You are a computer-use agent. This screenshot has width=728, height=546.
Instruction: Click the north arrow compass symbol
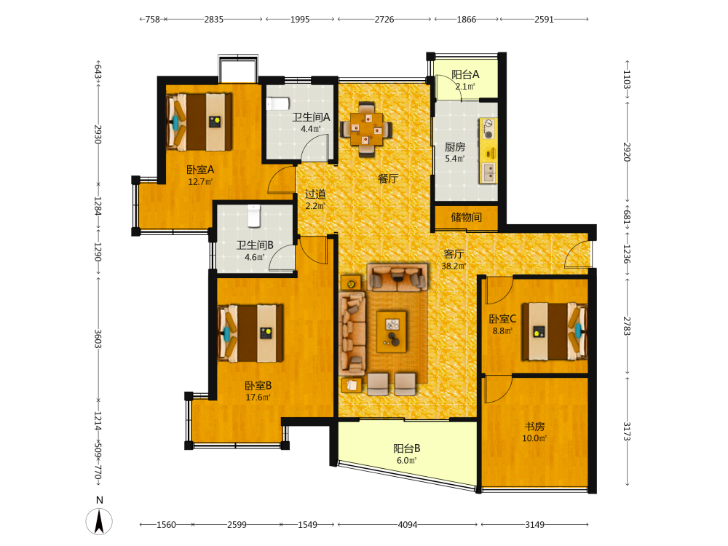tap(99, 521)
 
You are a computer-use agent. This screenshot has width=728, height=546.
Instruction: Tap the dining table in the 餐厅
tap(366, 129)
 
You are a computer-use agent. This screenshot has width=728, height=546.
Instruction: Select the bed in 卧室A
tap(199, 122)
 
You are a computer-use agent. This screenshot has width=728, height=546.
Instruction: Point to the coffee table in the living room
tap(392, 331)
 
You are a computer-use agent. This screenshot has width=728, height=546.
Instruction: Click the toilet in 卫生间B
tap(253, 216)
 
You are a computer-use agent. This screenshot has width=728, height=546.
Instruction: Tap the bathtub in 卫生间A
tap(278, 103)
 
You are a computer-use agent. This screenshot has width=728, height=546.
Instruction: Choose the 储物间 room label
tap(466, 217)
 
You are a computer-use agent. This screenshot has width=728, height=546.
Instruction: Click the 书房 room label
tap(534, 426)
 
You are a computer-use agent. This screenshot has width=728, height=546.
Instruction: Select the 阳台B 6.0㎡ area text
tap(406, 461)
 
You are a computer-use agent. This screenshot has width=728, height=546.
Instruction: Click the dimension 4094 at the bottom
tap(407, 525)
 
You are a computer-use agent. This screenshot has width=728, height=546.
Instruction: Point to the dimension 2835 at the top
tap(213, 20)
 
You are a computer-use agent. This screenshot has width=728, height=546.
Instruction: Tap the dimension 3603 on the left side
tap(98, 339)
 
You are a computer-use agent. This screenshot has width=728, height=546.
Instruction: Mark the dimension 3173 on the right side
tap(626, 431)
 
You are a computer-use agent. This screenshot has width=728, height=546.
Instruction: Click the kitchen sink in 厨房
tap(488, 173)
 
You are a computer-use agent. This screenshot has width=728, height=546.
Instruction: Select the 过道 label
tap(315, 194)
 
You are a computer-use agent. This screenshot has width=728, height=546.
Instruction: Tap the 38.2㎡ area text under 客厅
tap(454, 266)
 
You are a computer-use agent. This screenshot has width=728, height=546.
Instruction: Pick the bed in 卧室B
tap(250, 333)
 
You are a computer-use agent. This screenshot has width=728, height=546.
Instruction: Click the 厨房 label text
tap(454, 147)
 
